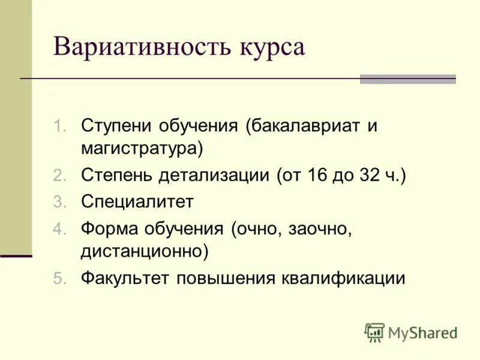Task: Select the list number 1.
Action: [x=58, y=127]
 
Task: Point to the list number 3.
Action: [x=58, y=202]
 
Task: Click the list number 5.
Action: [x=58, y=279]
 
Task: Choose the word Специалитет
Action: [x=137, y=202]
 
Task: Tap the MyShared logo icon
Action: [x=374, y=332]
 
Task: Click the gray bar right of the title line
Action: [x=407, y=79]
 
